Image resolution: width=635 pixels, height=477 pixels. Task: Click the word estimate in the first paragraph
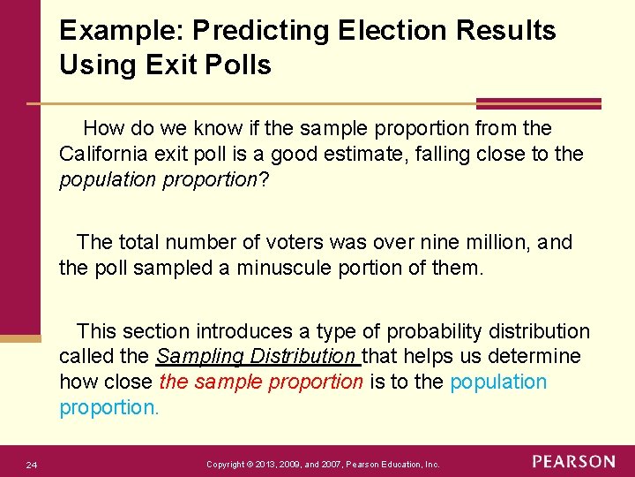[x=400, y=155]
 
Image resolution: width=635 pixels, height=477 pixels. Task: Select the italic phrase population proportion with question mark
[x=164, y=180]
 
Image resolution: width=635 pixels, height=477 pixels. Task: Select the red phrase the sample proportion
[x=261, y=382]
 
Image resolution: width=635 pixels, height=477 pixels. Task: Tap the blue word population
[x=498, y=382]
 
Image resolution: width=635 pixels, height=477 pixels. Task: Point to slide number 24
[x=31, y=465]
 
